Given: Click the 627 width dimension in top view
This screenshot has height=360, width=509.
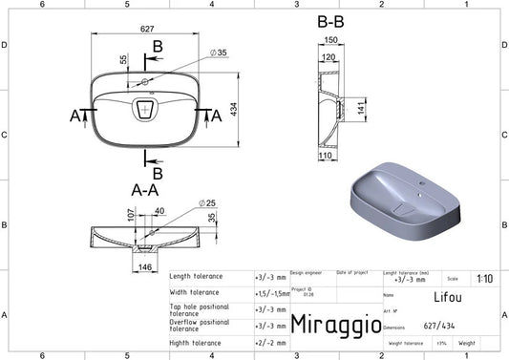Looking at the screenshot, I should pos(148,30).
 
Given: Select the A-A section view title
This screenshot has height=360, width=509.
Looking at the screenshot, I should pos(143,190).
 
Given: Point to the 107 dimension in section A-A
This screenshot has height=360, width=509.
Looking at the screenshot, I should pos(121,217).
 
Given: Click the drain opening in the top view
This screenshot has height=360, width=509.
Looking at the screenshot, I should pos(145,110).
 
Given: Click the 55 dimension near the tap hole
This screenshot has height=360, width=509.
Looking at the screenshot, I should pos(122,60).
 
